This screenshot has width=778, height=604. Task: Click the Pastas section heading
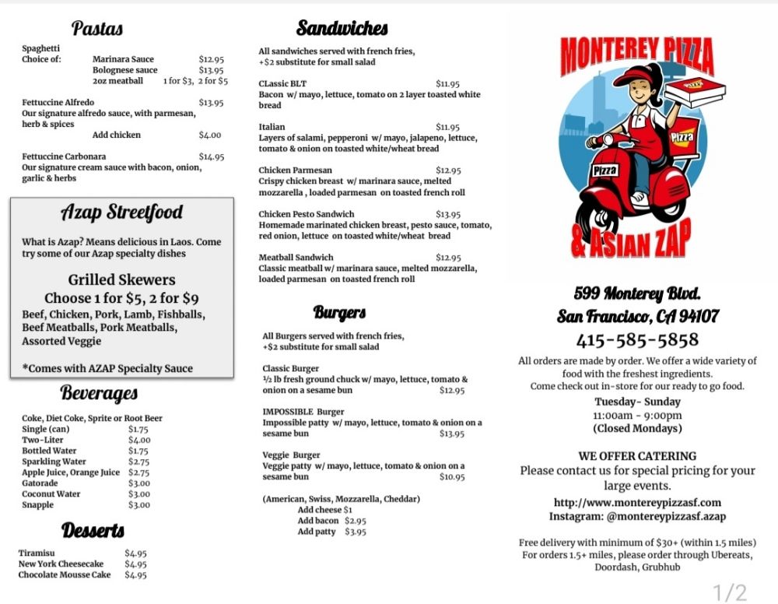[97, 29]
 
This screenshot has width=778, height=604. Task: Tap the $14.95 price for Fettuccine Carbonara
[211, 156]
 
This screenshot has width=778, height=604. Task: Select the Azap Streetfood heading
[122, 212]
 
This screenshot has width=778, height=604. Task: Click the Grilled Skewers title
[121, 279]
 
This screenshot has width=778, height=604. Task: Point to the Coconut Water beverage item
[51, 494]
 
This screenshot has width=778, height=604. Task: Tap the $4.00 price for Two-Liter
[139, 440]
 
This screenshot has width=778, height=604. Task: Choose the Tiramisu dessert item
[37, 553]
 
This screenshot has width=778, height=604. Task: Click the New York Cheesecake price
[135, 564]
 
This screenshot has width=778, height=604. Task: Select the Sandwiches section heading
[342, 29]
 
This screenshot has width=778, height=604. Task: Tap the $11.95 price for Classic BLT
[447, 84]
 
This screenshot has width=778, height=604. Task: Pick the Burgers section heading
[340, 313]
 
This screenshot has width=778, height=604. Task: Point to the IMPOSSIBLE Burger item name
[303, 412]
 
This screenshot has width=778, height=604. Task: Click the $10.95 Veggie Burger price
[451, 477]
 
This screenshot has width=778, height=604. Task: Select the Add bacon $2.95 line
[331, 521]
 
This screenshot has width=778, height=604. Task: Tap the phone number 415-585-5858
[637, 340]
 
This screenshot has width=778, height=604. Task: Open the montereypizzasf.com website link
[637, 503]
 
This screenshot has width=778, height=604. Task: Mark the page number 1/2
[730, 592]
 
